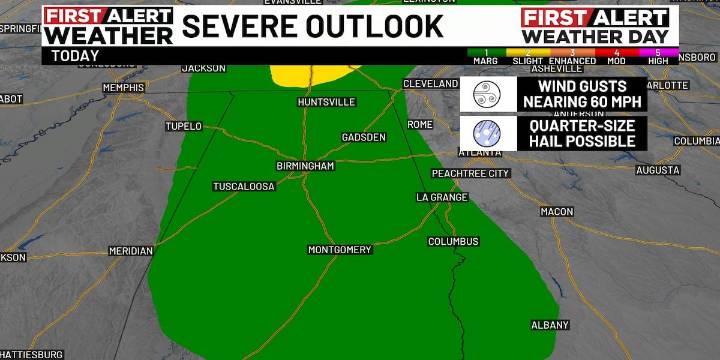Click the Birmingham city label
305,166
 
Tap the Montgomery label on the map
339,249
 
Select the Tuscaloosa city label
243,186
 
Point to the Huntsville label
326,102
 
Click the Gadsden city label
363,137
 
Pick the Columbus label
453,241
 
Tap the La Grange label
442,197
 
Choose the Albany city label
549,325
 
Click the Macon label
556,212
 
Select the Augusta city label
657,170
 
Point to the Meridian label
130,251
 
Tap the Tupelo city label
183,127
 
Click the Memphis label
123,88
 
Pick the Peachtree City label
470,173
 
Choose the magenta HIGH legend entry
657,55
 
